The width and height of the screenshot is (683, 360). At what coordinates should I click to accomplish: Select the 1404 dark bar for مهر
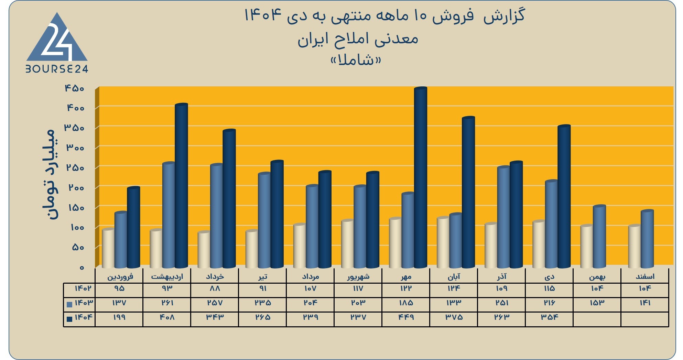coord(421,177)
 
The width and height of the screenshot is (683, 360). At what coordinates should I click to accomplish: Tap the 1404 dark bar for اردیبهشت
coord(182,186)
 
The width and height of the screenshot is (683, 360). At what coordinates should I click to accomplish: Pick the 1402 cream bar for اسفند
coord(635,246)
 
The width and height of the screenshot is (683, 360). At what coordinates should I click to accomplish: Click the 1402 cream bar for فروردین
coord(108,248)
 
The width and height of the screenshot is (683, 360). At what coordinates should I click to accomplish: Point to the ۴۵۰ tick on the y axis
coord(75,88)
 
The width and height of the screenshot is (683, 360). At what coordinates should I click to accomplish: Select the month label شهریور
coord(358,276)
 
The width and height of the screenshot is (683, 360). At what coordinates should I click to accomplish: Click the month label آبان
coord(454,276)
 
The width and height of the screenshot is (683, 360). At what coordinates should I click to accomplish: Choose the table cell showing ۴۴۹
coord(406,317)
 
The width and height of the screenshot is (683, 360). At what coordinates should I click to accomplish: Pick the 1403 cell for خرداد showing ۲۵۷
coord(215,303)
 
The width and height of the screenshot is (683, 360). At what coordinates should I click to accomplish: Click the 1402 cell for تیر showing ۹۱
coord(263,288)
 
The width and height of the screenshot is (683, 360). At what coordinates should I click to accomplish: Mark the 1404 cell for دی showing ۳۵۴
coord(550,317)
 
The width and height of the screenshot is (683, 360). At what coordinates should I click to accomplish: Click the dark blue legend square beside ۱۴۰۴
coord(69,319)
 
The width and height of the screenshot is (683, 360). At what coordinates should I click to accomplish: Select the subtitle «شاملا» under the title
coord(356,60)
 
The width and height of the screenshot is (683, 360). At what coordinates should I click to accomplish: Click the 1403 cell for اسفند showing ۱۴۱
coord(645,303)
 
